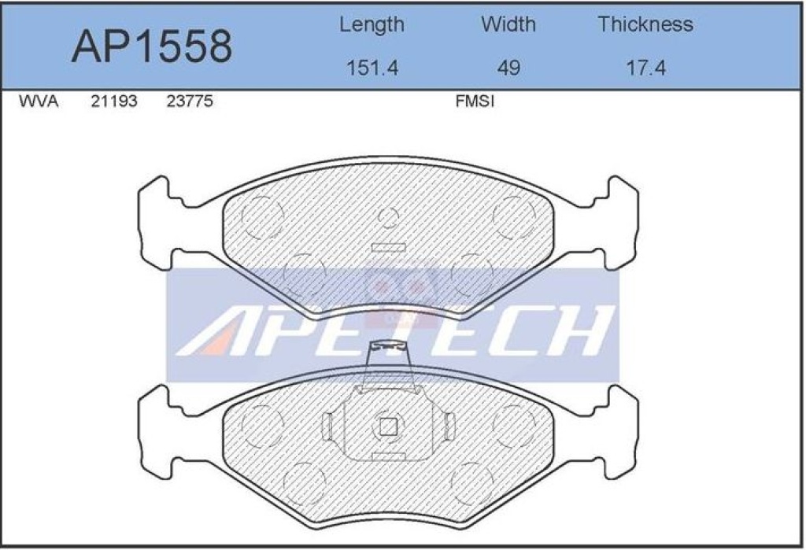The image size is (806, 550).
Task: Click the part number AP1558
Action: [x=152, y=46]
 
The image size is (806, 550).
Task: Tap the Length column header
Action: [x=372, y=25]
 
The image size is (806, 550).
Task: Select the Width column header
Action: [x=508, y=24]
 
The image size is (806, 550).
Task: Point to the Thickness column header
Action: [x=645, y=24]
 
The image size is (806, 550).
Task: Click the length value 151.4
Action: [x=372, y=68]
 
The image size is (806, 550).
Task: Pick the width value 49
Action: [x=508, y=68]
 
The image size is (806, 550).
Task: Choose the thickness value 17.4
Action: [x=645, y=68]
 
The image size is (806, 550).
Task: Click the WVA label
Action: [x=39, y=102]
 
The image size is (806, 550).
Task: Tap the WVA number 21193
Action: [x=114, y=102]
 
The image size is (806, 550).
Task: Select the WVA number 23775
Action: [x=190, y=102]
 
